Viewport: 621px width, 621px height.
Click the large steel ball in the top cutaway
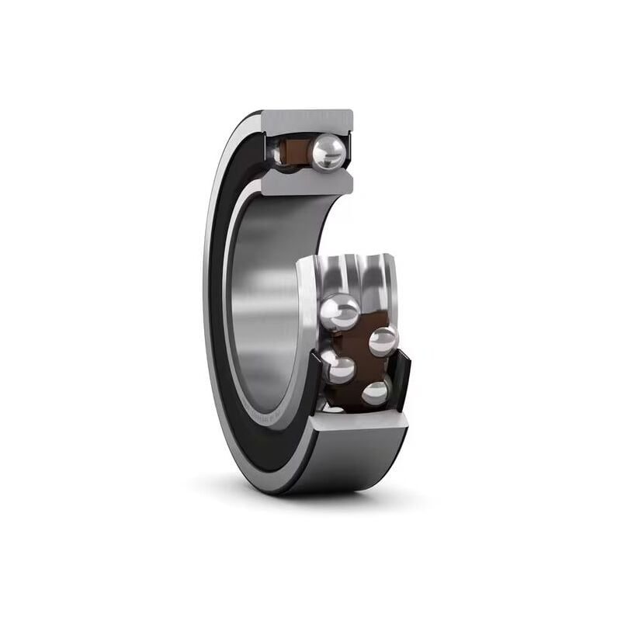[328, 150]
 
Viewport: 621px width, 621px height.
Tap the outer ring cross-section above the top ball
[307, 120]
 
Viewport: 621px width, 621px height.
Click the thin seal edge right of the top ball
[349, 150]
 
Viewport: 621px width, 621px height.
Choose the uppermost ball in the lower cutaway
[340, 312]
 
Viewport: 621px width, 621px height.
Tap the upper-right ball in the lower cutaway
[382, 340]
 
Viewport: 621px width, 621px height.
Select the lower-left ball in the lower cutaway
[339, 367]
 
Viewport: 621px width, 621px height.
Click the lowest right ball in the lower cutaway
[376, 393]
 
